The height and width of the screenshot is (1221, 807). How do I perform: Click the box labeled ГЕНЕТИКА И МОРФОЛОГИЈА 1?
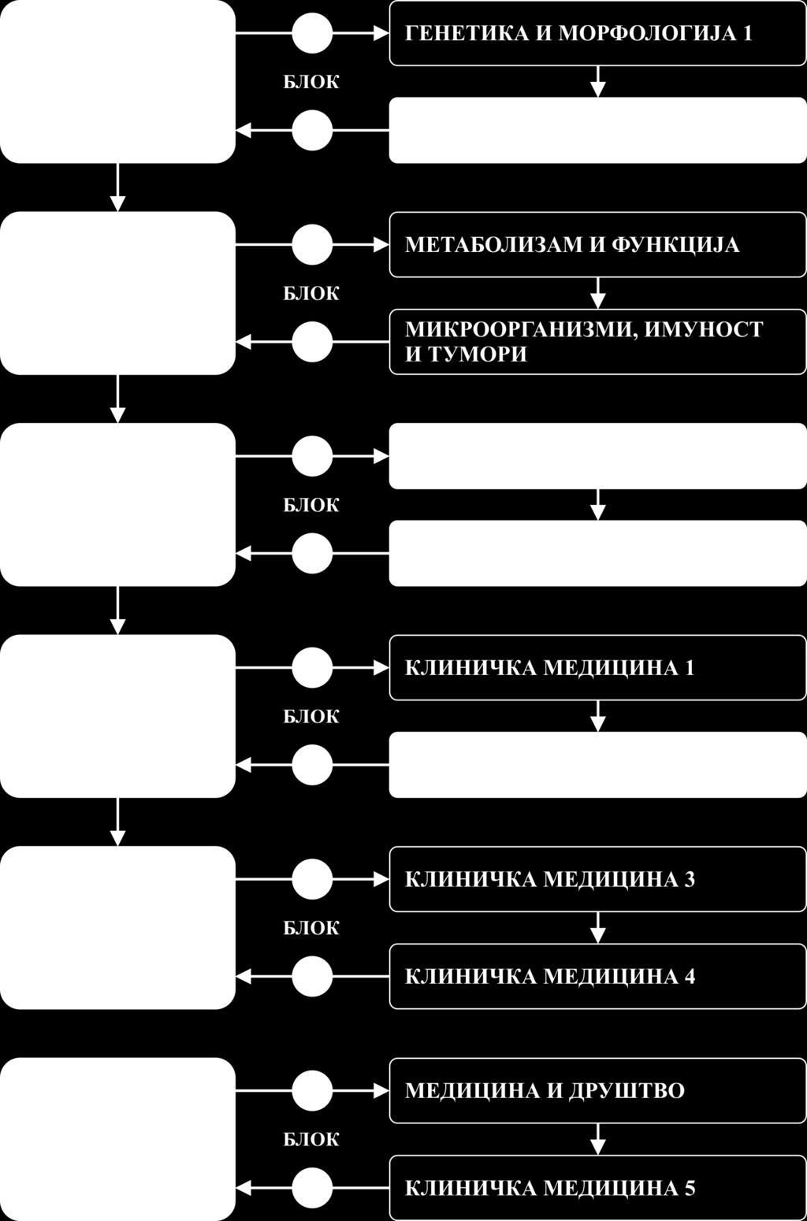[597, 33]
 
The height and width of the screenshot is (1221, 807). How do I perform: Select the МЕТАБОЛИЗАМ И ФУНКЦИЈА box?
[597, 245]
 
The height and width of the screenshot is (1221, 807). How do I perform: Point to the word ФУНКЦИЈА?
[675, 245]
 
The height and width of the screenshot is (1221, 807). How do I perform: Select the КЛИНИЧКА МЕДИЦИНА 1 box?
[597, 668]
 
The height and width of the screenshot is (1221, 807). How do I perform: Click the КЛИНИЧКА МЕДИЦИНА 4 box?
[597, 976]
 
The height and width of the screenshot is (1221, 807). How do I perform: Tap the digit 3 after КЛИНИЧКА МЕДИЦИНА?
[690, 879]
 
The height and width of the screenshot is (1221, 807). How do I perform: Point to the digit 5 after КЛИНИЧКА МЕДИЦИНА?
[690, 1188]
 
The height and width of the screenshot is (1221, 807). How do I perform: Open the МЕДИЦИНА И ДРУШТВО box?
[597, 1091]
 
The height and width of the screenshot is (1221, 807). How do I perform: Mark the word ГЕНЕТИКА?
[467, 34]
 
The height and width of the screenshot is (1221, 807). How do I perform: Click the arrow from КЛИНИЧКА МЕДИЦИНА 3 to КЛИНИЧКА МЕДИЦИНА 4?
[598, 928]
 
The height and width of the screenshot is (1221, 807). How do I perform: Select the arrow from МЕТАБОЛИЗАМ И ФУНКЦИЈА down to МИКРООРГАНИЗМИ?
[598, 293]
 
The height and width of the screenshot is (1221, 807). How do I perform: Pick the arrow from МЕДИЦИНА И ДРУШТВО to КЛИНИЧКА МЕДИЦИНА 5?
[598, 1139]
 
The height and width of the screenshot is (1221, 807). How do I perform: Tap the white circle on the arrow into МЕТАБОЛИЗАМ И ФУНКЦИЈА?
[312, 245]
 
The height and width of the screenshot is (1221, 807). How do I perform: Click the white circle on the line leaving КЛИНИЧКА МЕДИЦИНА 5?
[312, 1188]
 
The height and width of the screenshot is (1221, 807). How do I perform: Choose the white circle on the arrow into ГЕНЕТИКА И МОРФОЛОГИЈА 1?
[312, 33]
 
